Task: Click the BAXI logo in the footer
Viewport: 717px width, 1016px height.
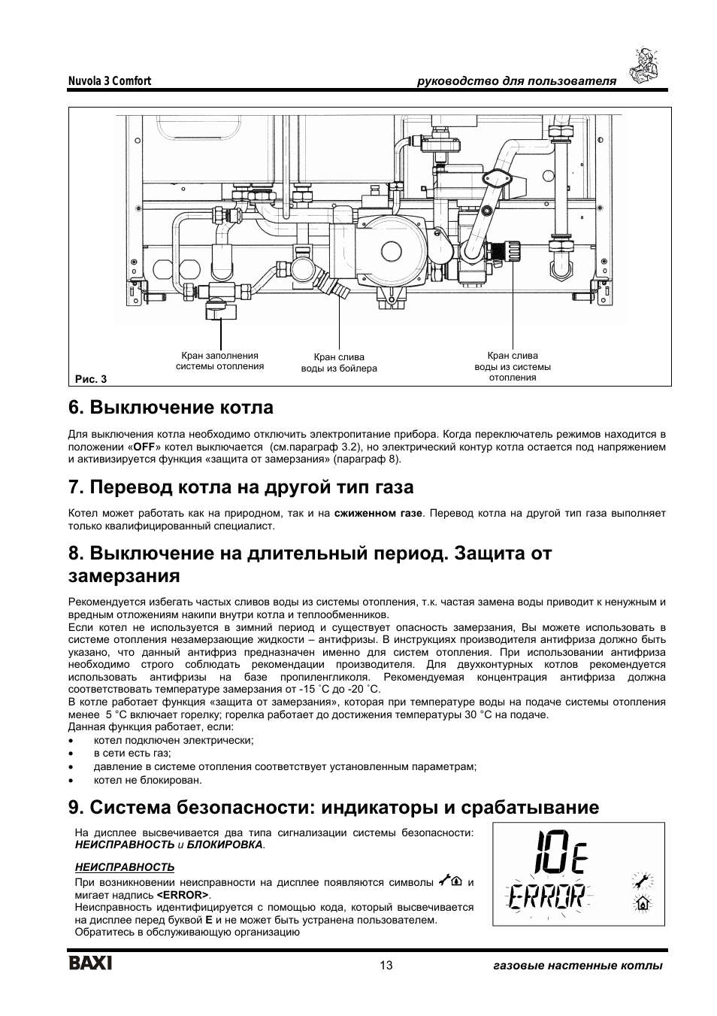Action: pyautogui.click(x=90, y=964)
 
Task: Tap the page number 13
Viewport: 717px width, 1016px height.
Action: pyautogui.click(x=386, y=966)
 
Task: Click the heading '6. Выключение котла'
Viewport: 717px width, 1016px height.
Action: pyautogui.click(x=171, y=408)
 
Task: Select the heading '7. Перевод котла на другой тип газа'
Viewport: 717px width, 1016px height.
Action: pyautogui.click(x=241, y=487)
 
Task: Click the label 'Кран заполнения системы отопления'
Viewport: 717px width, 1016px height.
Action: pyautogui.click(x=219, y=361)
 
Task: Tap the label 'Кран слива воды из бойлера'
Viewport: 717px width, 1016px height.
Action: pyautogui.click(x=339, y=363)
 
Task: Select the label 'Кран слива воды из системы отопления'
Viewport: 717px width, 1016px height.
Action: pyautogui.click(x=512, y=366)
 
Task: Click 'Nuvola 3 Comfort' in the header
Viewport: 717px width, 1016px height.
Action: pyautogui.click(x=110, y=80)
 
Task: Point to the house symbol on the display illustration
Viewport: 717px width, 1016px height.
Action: pyautogui.click(x=643, y=905)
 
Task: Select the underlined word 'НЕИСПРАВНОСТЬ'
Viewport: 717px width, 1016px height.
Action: pyautogui.click(x=125, y=867)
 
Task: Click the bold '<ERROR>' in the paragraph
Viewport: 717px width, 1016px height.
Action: pyautogui.click(x=183, y=896)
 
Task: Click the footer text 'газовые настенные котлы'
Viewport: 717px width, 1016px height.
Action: pyautogui.click(x=573, y=966)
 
